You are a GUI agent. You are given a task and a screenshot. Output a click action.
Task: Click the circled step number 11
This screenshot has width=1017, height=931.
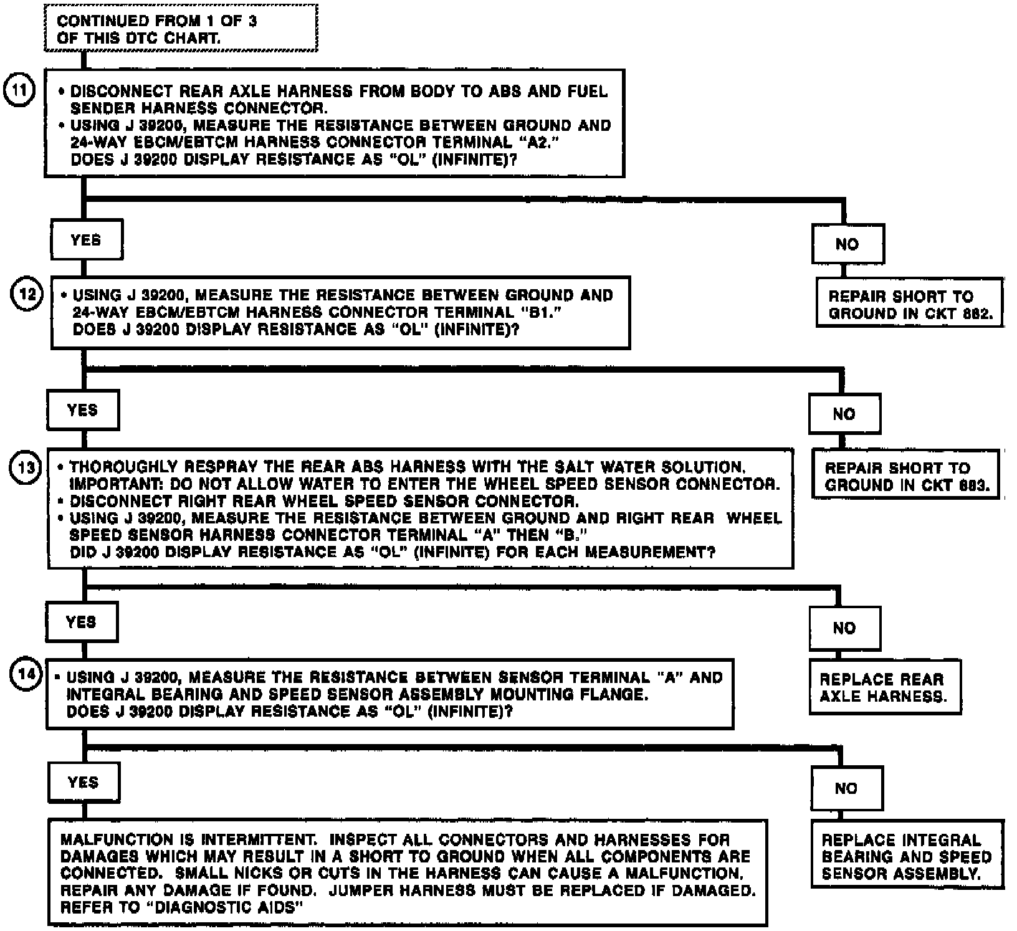point(19,90)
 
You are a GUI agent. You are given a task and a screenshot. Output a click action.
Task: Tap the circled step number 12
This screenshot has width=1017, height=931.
point(26,294)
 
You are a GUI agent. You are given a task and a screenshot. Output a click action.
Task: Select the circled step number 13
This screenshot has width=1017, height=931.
point(25,467)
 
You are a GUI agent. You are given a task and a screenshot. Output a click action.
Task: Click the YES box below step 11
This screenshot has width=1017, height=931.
point(86,240)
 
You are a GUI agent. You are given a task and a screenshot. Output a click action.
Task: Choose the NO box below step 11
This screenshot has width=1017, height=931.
point(847,244)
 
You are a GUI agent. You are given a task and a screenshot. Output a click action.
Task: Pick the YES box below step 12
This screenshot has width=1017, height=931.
point(82,410)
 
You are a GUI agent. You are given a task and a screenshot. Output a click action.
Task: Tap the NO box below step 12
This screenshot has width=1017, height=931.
point(844,414)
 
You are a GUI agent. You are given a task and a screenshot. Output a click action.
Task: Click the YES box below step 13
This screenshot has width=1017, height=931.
point(81,622)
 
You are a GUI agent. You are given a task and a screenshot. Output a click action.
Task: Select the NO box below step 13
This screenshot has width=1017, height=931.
point(844,628)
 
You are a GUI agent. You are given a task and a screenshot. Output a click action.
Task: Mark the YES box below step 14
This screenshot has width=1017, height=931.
point(84,782)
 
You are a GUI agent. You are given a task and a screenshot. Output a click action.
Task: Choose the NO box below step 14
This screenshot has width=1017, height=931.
point(846,788)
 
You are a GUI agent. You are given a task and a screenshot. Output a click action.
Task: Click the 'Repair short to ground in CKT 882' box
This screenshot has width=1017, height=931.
point(909,304)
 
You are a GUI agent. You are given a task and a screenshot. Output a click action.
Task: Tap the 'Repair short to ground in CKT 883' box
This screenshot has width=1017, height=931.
point(905,476)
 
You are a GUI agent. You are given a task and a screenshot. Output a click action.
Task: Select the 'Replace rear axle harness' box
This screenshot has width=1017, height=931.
point(884,687)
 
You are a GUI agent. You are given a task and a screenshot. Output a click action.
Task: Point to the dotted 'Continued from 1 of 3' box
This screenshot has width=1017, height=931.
point(181,29)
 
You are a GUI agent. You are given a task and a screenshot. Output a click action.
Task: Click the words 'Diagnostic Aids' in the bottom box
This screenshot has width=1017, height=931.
point(227,907)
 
